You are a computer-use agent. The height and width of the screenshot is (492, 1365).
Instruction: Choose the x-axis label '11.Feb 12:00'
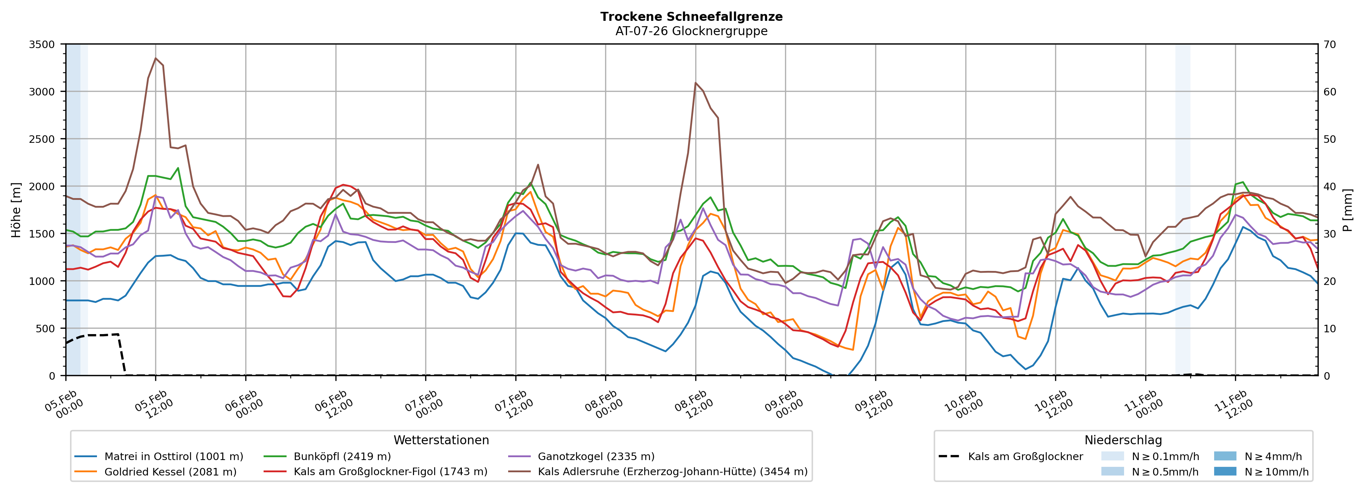[x=1234, y=405]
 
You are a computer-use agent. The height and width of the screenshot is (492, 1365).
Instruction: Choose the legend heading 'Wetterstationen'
[x=441, y=440]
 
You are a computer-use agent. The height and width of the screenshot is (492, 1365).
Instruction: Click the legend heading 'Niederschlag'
[x=1123, y=440]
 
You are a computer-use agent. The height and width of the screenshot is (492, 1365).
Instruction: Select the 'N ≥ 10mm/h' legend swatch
[x=1225, y=471]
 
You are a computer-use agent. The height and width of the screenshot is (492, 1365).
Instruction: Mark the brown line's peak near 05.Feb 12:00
[x=155, y=58]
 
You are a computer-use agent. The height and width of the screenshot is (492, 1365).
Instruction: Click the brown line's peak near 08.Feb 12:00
[x=695, y=83]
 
